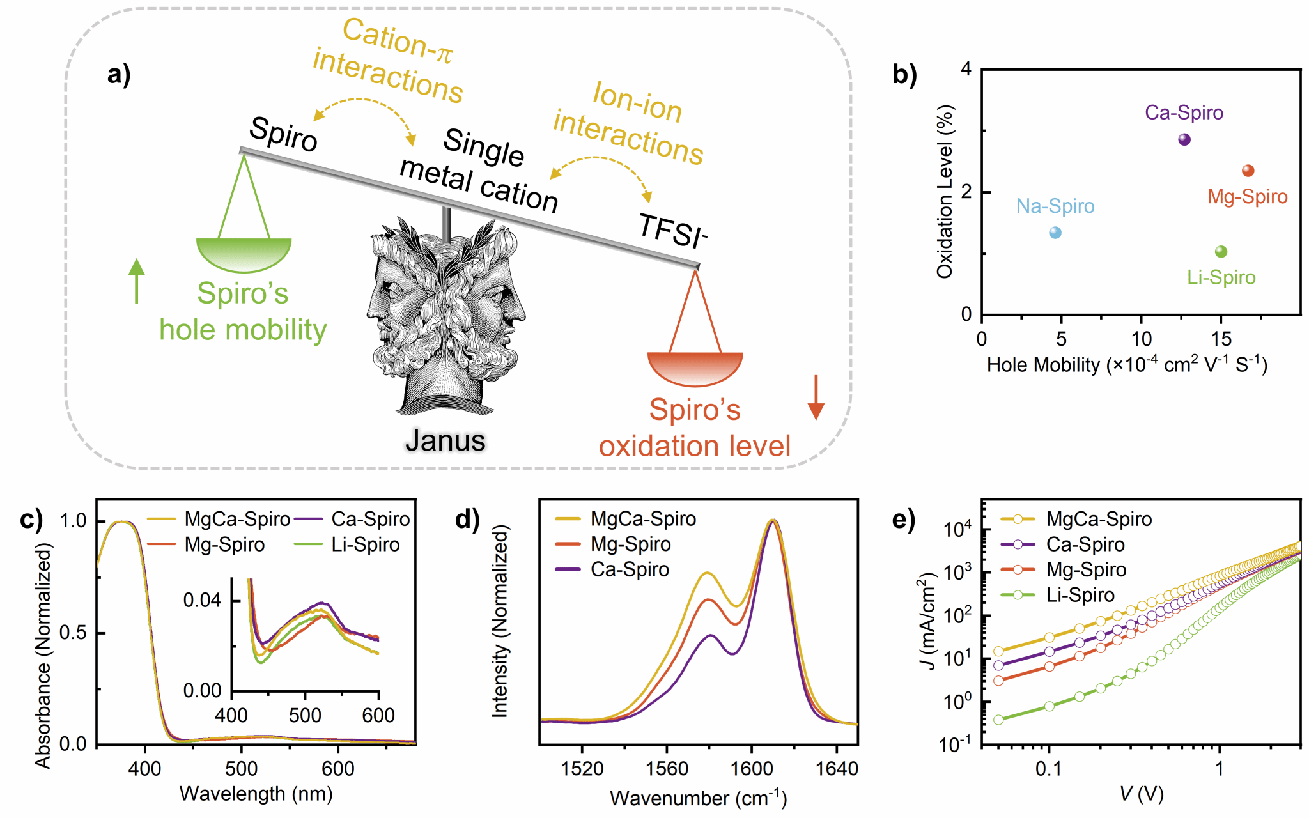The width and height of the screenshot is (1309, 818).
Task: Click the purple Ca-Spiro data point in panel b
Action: tap(1184, 139)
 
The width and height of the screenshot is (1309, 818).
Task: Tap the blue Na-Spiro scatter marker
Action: tap(1055, 233)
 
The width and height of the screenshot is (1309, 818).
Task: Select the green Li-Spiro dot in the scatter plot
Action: tap(1221, 252)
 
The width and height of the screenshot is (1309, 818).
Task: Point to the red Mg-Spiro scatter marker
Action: tap(1248, 171)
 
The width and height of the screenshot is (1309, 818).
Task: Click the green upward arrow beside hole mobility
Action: tap(136, 281)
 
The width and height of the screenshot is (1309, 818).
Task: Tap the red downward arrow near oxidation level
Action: tap(816, 397)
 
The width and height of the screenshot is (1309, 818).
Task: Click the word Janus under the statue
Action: tap(445, 440)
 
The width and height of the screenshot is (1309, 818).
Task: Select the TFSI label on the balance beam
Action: tap(672, 231)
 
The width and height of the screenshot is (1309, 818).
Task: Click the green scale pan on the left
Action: tap(244, 254)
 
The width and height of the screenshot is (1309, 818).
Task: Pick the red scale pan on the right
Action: tap(695, 368)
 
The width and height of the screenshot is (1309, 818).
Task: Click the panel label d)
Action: tap(467, 520)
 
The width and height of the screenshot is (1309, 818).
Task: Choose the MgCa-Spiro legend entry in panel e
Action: tap(1098, 519)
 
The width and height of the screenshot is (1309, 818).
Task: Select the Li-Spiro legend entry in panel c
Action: tap(365, 544)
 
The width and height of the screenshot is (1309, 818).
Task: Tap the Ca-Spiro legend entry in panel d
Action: tap(630, 569)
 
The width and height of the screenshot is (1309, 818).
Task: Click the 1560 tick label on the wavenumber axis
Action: tap(667, 768)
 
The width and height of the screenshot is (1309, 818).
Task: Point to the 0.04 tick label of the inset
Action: tap(202, 600)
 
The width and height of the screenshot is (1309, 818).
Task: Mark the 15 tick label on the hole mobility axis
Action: tap(1221, 339)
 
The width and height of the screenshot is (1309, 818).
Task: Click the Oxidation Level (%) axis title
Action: tap(945, 192)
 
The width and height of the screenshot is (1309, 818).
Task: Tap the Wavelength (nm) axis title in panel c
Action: tap(256, 794)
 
